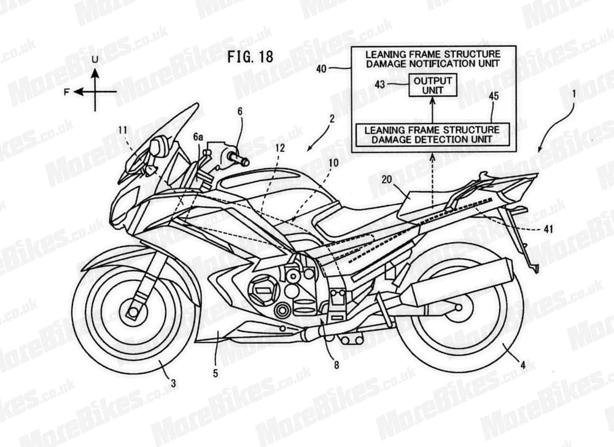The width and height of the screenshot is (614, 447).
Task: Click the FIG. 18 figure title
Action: coord(251,56)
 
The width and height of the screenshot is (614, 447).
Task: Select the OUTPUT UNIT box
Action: coord(433,85)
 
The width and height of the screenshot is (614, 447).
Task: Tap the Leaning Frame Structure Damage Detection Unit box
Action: coord(432,135)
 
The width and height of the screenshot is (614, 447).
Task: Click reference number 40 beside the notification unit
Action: coord(321,69)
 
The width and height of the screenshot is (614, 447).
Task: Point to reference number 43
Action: coord(380,84)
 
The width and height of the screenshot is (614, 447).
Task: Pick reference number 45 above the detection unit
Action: coord(494,96)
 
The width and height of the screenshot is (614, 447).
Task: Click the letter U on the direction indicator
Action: coord(95,60)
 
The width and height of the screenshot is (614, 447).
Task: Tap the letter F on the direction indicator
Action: coord(67,92)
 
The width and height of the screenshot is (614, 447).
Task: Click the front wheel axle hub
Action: coord(133,312)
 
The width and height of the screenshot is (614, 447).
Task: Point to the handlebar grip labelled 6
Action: coord(238,159)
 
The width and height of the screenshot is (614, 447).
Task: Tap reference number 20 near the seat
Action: coord(387,180)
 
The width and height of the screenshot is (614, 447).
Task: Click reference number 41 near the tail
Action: coord(549,228)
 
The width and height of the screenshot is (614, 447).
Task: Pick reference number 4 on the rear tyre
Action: coord(522,365)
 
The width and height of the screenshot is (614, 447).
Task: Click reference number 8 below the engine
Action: coord(336,365)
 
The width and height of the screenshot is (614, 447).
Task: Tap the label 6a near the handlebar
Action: coord(198,137)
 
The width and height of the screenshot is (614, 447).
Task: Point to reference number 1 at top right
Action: coord(573,94)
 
